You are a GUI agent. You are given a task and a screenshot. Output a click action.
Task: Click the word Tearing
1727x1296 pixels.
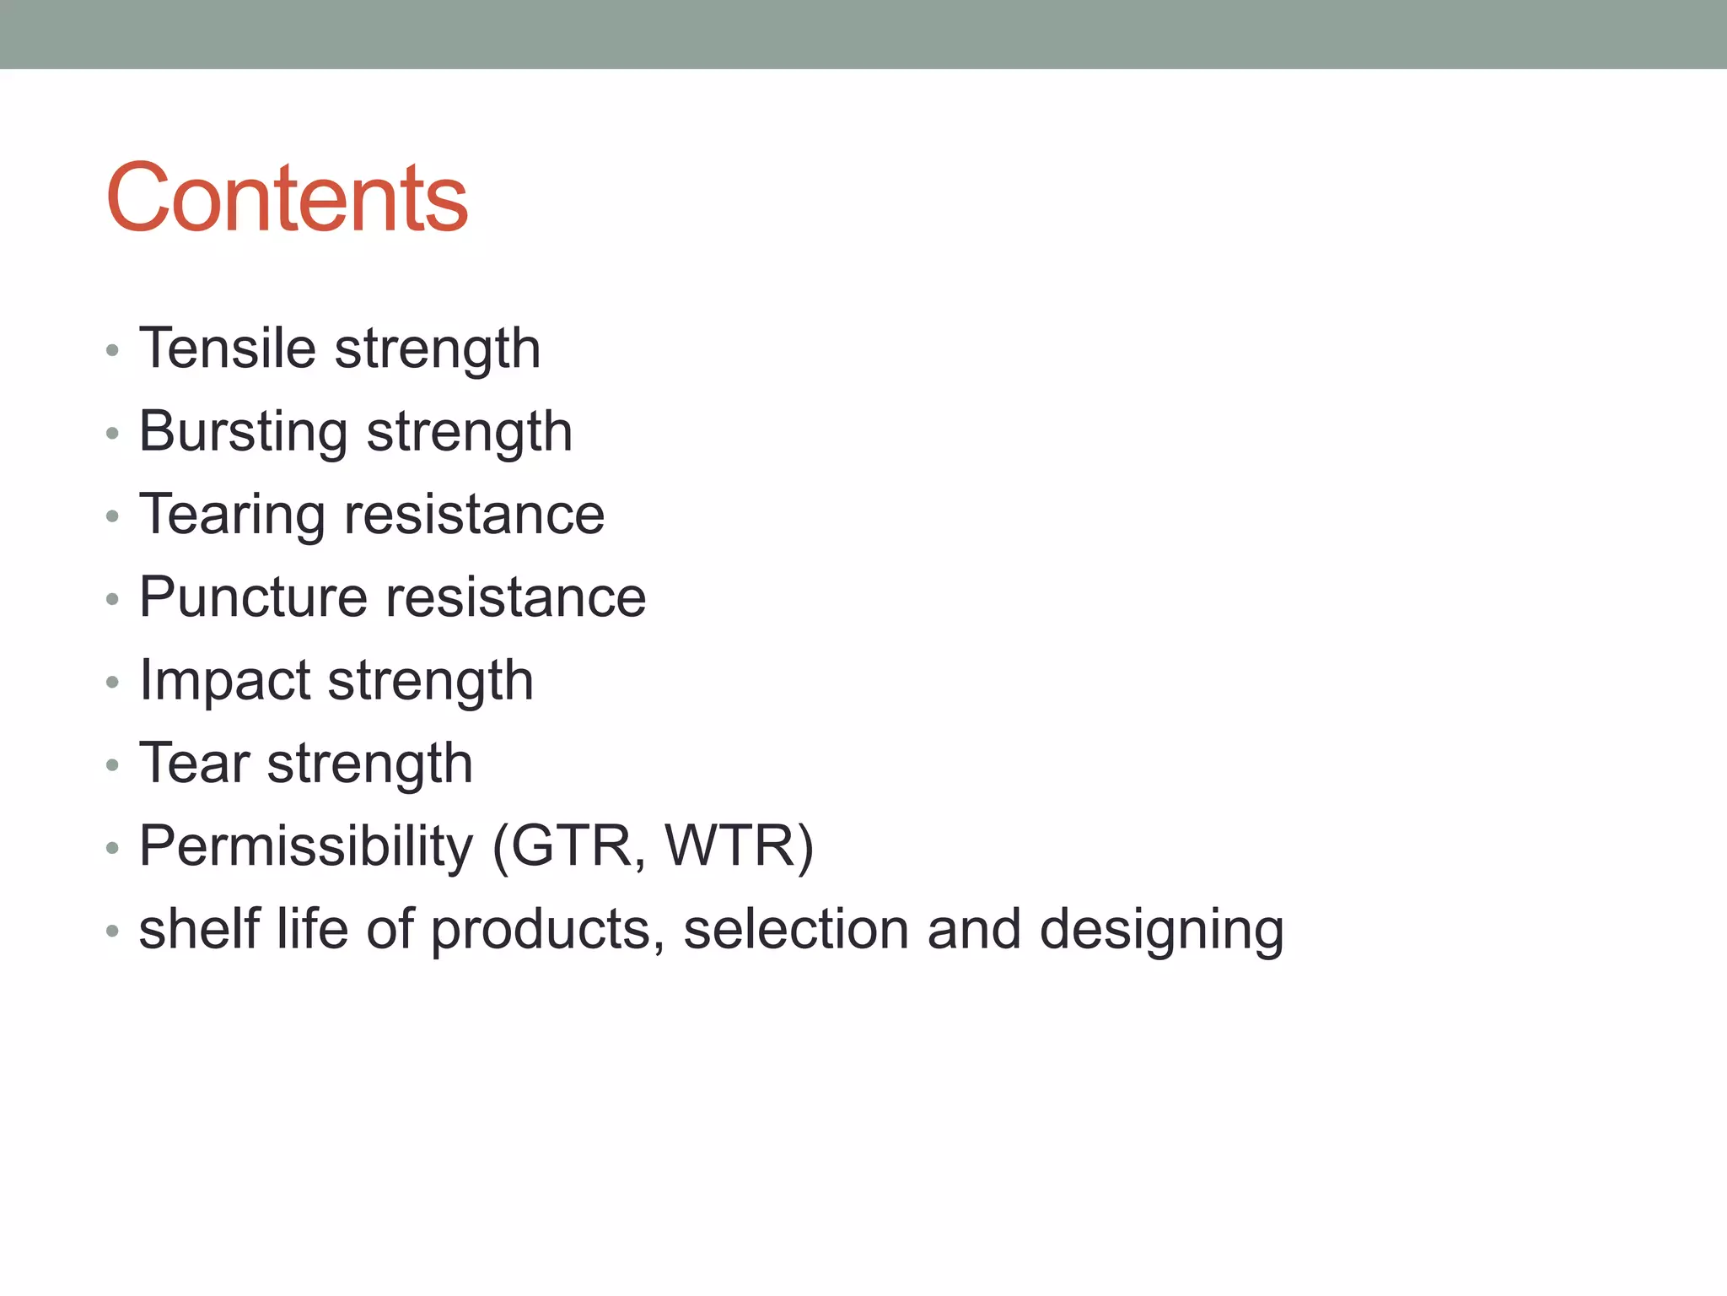pos(232,514)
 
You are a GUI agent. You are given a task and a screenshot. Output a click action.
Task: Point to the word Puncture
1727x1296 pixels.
pos(252,597)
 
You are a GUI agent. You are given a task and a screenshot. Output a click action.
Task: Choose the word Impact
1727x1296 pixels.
pos(224,680)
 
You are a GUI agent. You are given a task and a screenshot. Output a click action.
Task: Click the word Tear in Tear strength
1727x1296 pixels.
pos(194,763)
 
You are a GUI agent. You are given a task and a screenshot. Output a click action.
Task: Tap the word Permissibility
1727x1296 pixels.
pos(306,845)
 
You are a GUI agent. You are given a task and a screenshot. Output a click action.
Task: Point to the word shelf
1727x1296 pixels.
pos(200,928)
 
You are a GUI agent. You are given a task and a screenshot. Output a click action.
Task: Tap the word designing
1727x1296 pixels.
pos(1161,928)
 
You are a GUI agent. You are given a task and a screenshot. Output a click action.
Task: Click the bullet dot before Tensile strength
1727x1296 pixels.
pos(113,350)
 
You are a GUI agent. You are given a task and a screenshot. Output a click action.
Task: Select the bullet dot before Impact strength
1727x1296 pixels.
pos(113,682)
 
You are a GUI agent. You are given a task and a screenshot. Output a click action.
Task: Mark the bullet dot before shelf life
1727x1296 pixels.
pos(113,931)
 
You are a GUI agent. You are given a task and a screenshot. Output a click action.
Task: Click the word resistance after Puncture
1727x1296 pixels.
pos(516,597)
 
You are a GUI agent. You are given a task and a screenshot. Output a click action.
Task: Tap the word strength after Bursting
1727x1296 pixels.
pos(470,431)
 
